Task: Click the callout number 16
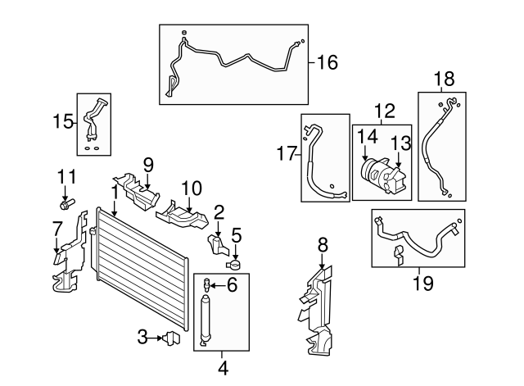[x=327, y=61]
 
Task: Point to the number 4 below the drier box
[x=222, y=368]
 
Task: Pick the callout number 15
[x=63, y=122]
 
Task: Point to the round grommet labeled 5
[x=234, y=264]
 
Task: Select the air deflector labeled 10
[x=181, y=216]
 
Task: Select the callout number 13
[x=398, y=142]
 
